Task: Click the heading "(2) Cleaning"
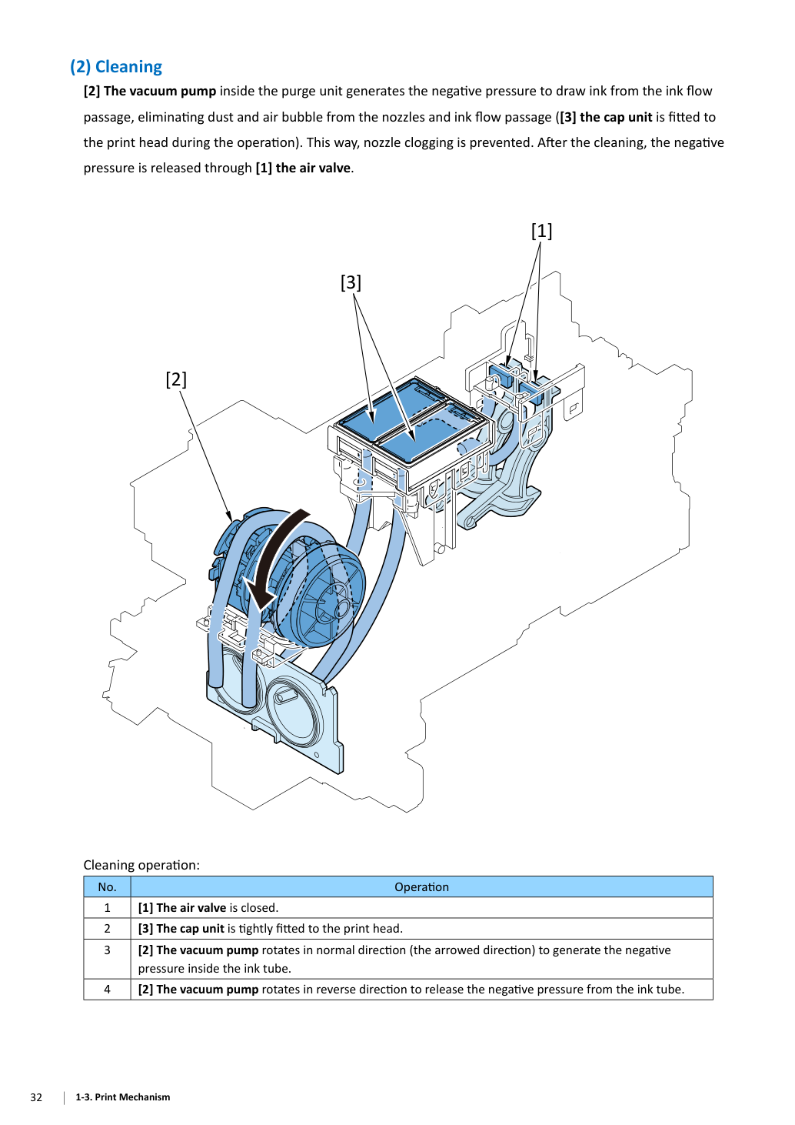116,67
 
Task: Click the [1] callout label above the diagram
541,231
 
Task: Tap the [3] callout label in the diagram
351,282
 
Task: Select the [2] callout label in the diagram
176,379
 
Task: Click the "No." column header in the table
107,887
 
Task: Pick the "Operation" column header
421,887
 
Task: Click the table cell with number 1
107,907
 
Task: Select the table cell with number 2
107,929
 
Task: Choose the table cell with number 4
107,990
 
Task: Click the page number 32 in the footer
36,1097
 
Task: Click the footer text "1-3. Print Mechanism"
123,1097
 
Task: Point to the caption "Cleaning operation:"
141,865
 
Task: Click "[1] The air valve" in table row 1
182,907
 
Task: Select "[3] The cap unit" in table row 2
181,929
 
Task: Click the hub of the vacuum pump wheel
342,608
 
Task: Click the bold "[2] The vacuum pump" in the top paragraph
150,91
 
